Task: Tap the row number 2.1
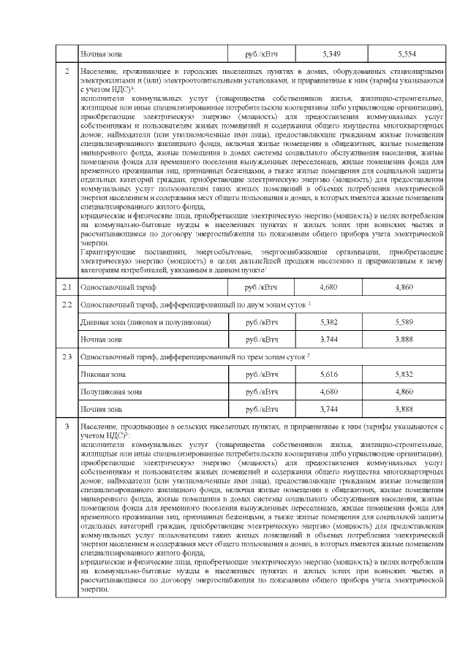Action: coord(67,287)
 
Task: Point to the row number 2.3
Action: coord(67,356)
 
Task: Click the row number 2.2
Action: coord(67,305)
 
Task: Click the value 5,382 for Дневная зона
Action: coord(331,322)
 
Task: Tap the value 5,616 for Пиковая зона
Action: coord(331,374)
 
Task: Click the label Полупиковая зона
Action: coord(110,391)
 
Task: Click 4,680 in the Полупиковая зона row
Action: coord(331,391)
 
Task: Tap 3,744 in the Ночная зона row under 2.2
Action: coord(331,340)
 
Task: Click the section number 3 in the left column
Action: coord(67,427)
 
